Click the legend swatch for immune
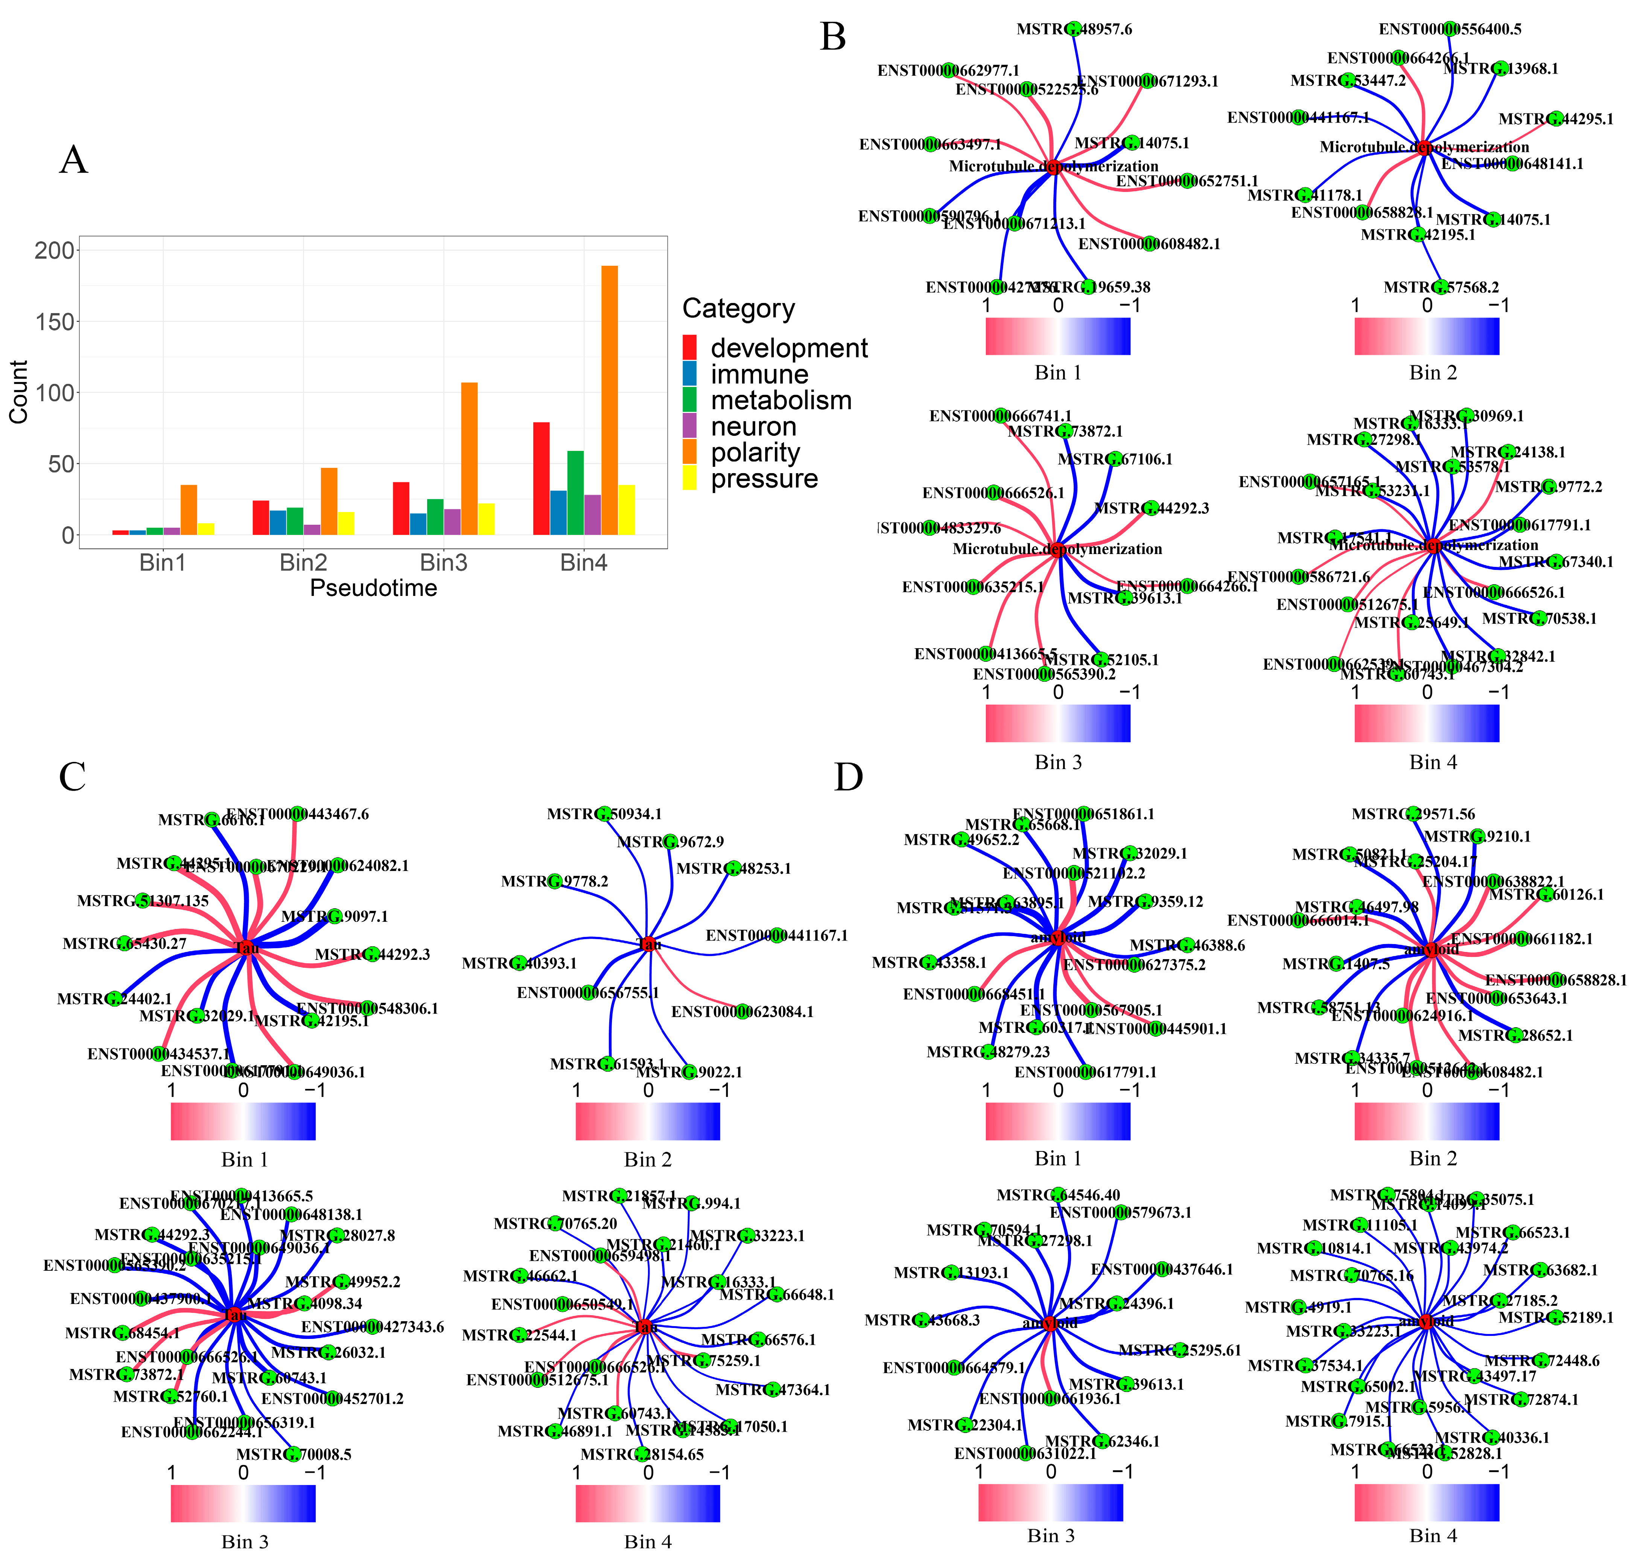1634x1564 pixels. pyautogui.click(x=689, y=373)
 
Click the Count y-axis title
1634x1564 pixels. pyautogui.click(x=18, y=392)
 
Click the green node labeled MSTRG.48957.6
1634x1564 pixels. pyautogui.click(x=1074, y=28)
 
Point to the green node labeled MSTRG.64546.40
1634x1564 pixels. pyautogui.click(x=1057, y=1195)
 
